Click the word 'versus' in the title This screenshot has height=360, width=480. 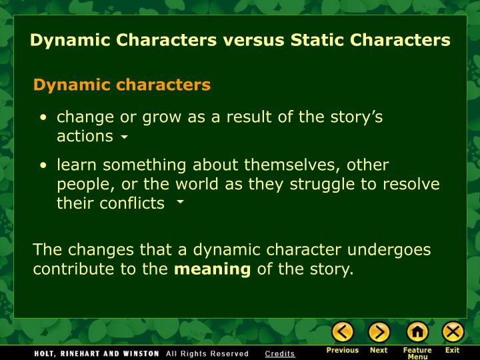[253, 40]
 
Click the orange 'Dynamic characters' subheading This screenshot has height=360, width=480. [122, 85]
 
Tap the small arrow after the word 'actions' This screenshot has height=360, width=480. [124, 138]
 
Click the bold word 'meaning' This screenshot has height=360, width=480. [212, 269]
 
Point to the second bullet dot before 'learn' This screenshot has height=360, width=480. [43, 165]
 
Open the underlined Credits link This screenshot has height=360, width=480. [279, 353]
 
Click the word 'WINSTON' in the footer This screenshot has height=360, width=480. [136, 353]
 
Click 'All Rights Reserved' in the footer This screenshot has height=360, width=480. [207, 353]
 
